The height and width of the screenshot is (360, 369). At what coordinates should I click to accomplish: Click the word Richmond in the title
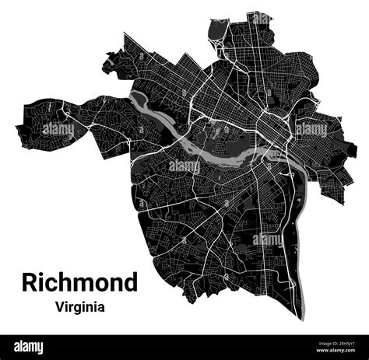[x=79, y=281]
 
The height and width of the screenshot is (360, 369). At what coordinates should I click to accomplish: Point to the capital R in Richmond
[x=30, y=281]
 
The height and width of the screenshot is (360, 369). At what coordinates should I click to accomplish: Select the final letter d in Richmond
[x=130, y=281]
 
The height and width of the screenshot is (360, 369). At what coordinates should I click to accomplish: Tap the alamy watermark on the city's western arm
[x=58, y=129]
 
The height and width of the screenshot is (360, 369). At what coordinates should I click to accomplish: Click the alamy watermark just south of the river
[x=184, y=166]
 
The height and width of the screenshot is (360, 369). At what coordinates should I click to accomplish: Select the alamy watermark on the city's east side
[x=311, y=129]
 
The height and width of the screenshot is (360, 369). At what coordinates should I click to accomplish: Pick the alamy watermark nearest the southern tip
[x=267, y=239]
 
